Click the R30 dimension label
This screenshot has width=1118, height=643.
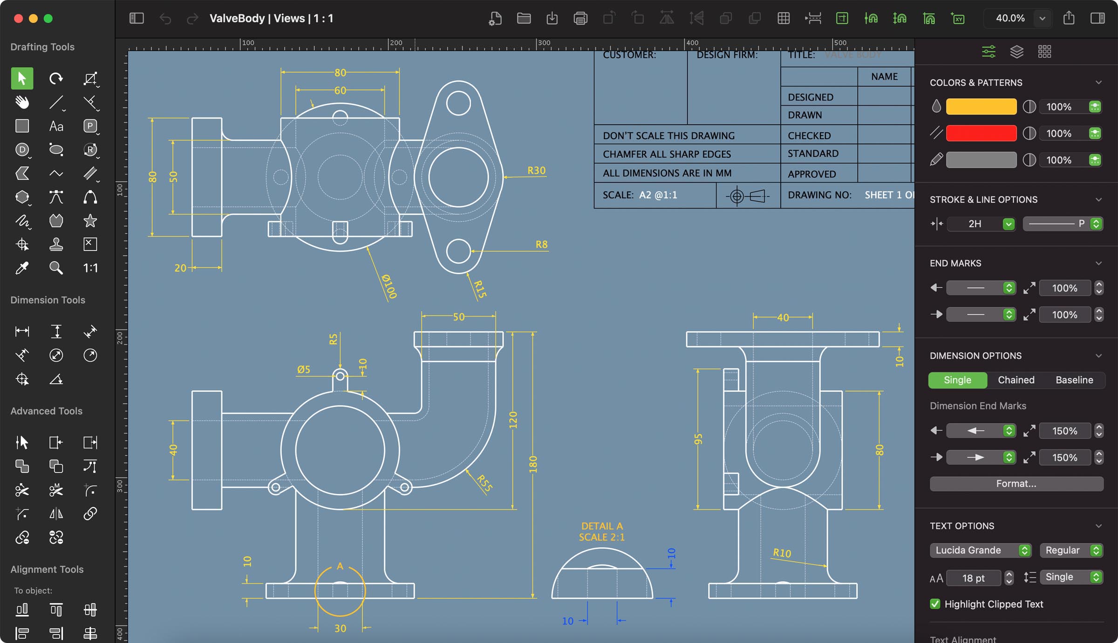pyautogui.click(x=536, y=170)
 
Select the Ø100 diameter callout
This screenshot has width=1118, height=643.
pyautogui.click(x=389, y=286)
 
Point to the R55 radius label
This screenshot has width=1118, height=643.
pyautogui.click(x=485, y=483)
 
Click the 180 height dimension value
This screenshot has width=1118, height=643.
pyautogui.click(x=533, y=465)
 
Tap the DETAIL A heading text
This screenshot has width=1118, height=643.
pyautogui.click(x=602, y=526)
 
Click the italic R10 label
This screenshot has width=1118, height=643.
pyautogui.click(x=782, y=553)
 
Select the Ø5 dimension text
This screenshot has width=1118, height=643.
pyautogui.click(x=304, y=369)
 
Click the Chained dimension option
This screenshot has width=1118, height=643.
pyautogui.click(x=1016, y=380)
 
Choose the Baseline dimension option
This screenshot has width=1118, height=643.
pyautogui.click(x=1074, y=380)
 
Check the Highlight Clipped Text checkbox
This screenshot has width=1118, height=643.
pyautogui.click(x=935, y=604)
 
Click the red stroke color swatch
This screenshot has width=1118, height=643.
pyautogui.click(x=981, y=133)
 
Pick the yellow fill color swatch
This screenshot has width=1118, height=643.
pyautogui.click(x=981, y=107)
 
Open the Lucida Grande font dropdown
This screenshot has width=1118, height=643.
pyautogui.click(x=981, y=550)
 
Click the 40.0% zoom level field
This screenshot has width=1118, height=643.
pyautogui.click(x=1010, y=18)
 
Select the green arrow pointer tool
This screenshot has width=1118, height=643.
pyautogui.click(x=22, y=78)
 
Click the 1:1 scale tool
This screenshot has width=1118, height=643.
pyautogui.click(x=90, y=268)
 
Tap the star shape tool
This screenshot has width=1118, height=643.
pyautogui.click(x=90, y=221)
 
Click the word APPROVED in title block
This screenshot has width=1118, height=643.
pyautogui.click(x=811, y=174)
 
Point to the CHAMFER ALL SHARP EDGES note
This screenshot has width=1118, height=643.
pyautogui.click(x=667, y=154)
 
